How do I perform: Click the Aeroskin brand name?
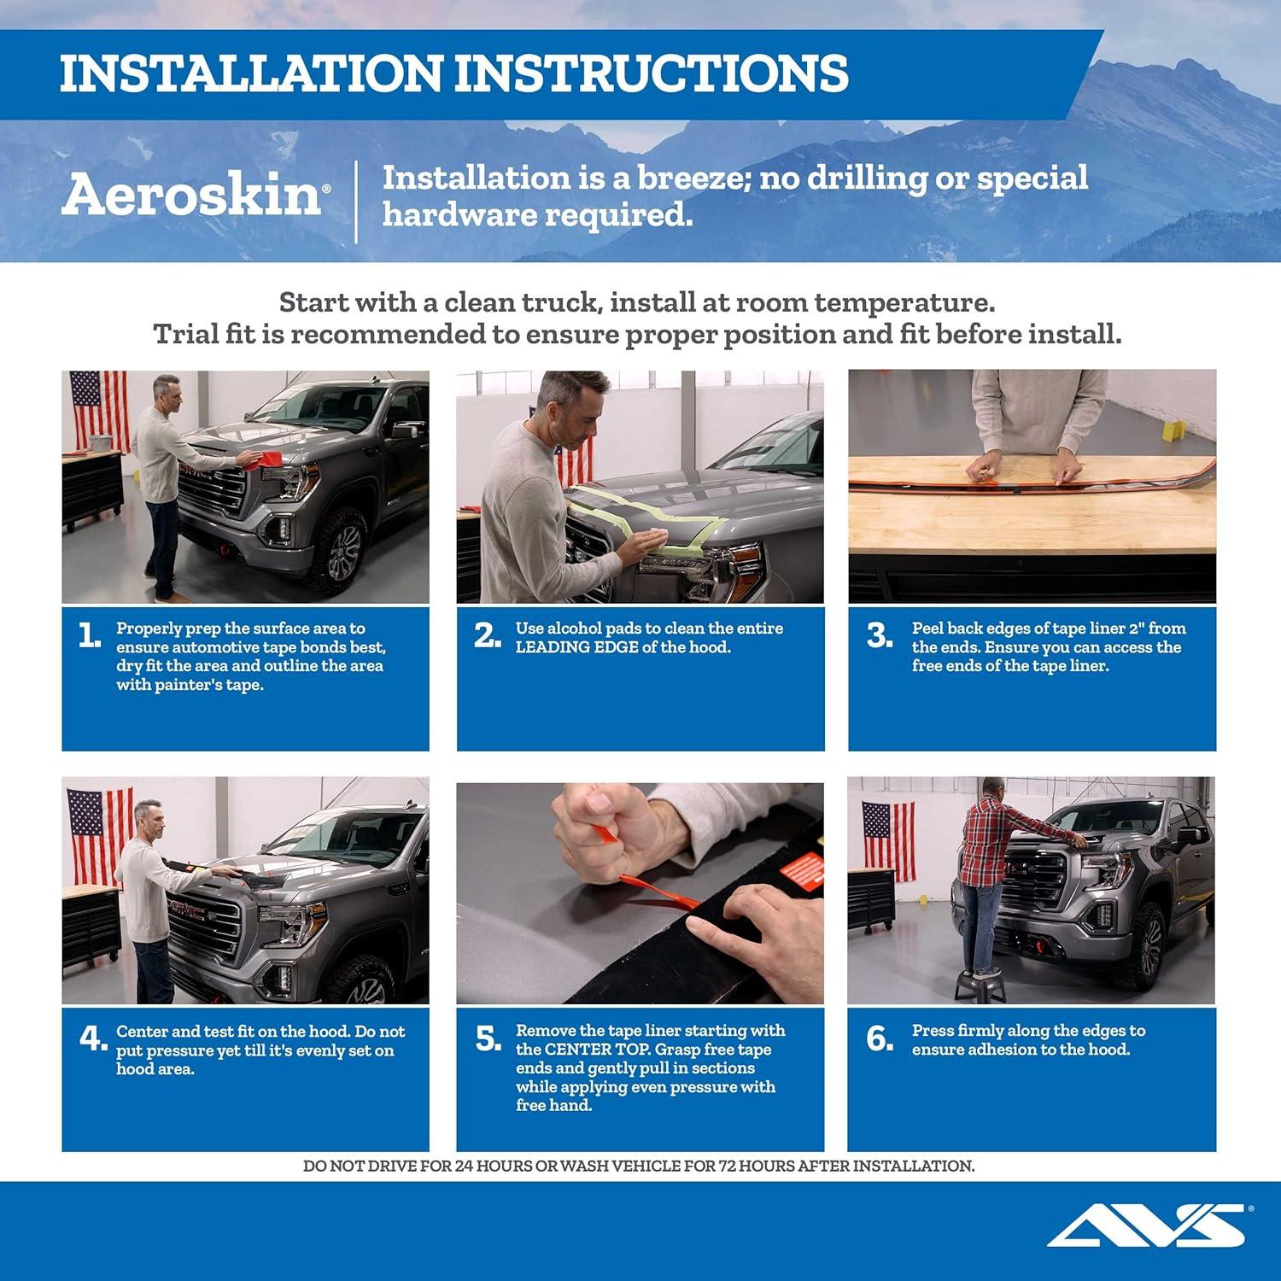click(191, 196)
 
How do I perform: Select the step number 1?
click(89, 635)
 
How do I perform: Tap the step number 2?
click(487, 635)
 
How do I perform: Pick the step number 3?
click(879, 635)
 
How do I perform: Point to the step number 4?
click(91, 1038)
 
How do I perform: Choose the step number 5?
click(488, 1038)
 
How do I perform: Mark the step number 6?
click(879, 1038)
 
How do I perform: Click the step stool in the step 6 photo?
click(985, 982)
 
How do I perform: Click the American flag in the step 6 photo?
click(887, 840)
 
